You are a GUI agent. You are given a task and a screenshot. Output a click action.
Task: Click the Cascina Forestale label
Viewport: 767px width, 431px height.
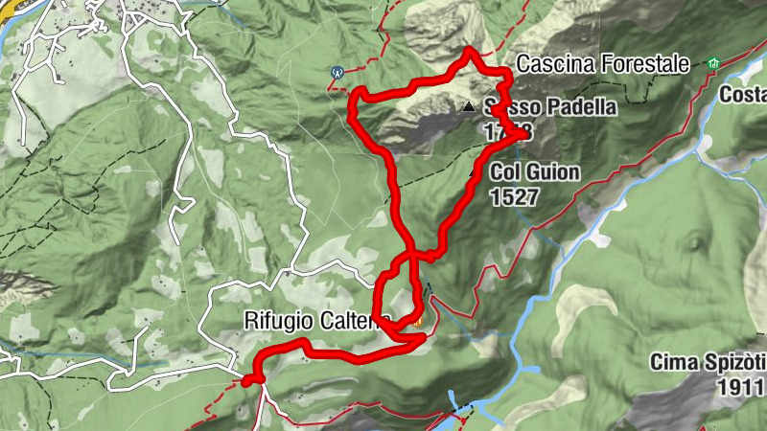[x=603, y=64]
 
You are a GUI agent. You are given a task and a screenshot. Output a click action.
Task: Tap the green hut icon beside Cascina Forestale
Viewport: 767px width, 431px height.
[x=712, y=63]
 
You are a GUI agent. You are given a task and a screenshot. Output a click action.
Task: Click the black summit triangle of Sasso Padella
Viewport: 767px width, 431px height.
[x=468, y=106]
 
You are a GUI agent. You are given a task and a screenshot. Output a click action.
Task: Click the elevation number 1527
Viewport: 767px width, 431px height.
[x=514, y=196]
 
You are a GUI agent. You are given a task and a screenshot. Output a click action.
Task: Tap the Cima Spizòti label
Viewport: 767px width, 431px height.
[x=707, y=363]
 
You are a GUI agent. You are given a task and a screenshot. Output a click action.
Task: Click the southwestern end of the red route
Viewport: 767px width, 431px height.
[x=248, y=381]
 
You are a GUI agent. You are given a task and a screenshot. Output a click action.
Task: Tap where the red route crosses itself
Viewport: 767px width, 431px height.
[x=413, y=256]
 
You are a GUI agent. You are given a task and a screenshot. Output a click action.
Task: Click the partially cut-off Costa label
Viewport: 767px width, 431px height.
[x=744, y=96]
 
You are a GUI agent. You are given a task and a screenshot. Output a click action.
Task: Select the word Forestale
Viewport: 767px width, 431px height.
[x=644, y=64]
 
